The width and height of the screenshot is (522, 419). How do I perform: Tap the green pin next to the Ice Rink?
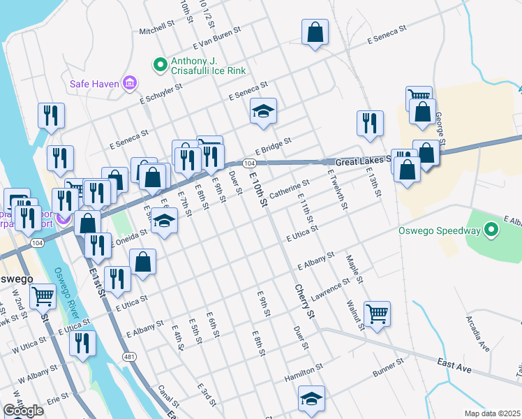[x=159, y=65]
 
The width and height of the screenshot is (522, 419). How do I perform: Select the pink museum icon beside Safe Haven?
[x=128, y=84]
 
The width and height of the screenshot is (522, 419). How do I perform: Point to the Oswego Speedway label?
[x=439, y=230]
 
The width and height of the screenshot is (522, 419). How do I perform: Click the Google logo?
[x=23, y=411]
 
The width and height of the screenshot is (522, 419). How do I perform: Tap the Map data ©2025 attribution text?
[x=492, y=413]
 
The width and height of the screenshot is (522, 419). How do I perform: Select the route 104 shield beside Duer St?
[x=249, y=163]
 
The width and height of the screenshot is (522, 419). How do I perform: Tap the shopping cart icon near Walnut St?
[x=377, y=314]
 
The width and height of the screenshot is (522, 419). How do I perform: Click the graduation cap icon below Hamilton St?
[x=311, y=399]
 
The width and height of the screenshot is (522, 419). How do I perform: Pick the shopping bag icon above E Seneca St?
[x=315, y=31]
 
